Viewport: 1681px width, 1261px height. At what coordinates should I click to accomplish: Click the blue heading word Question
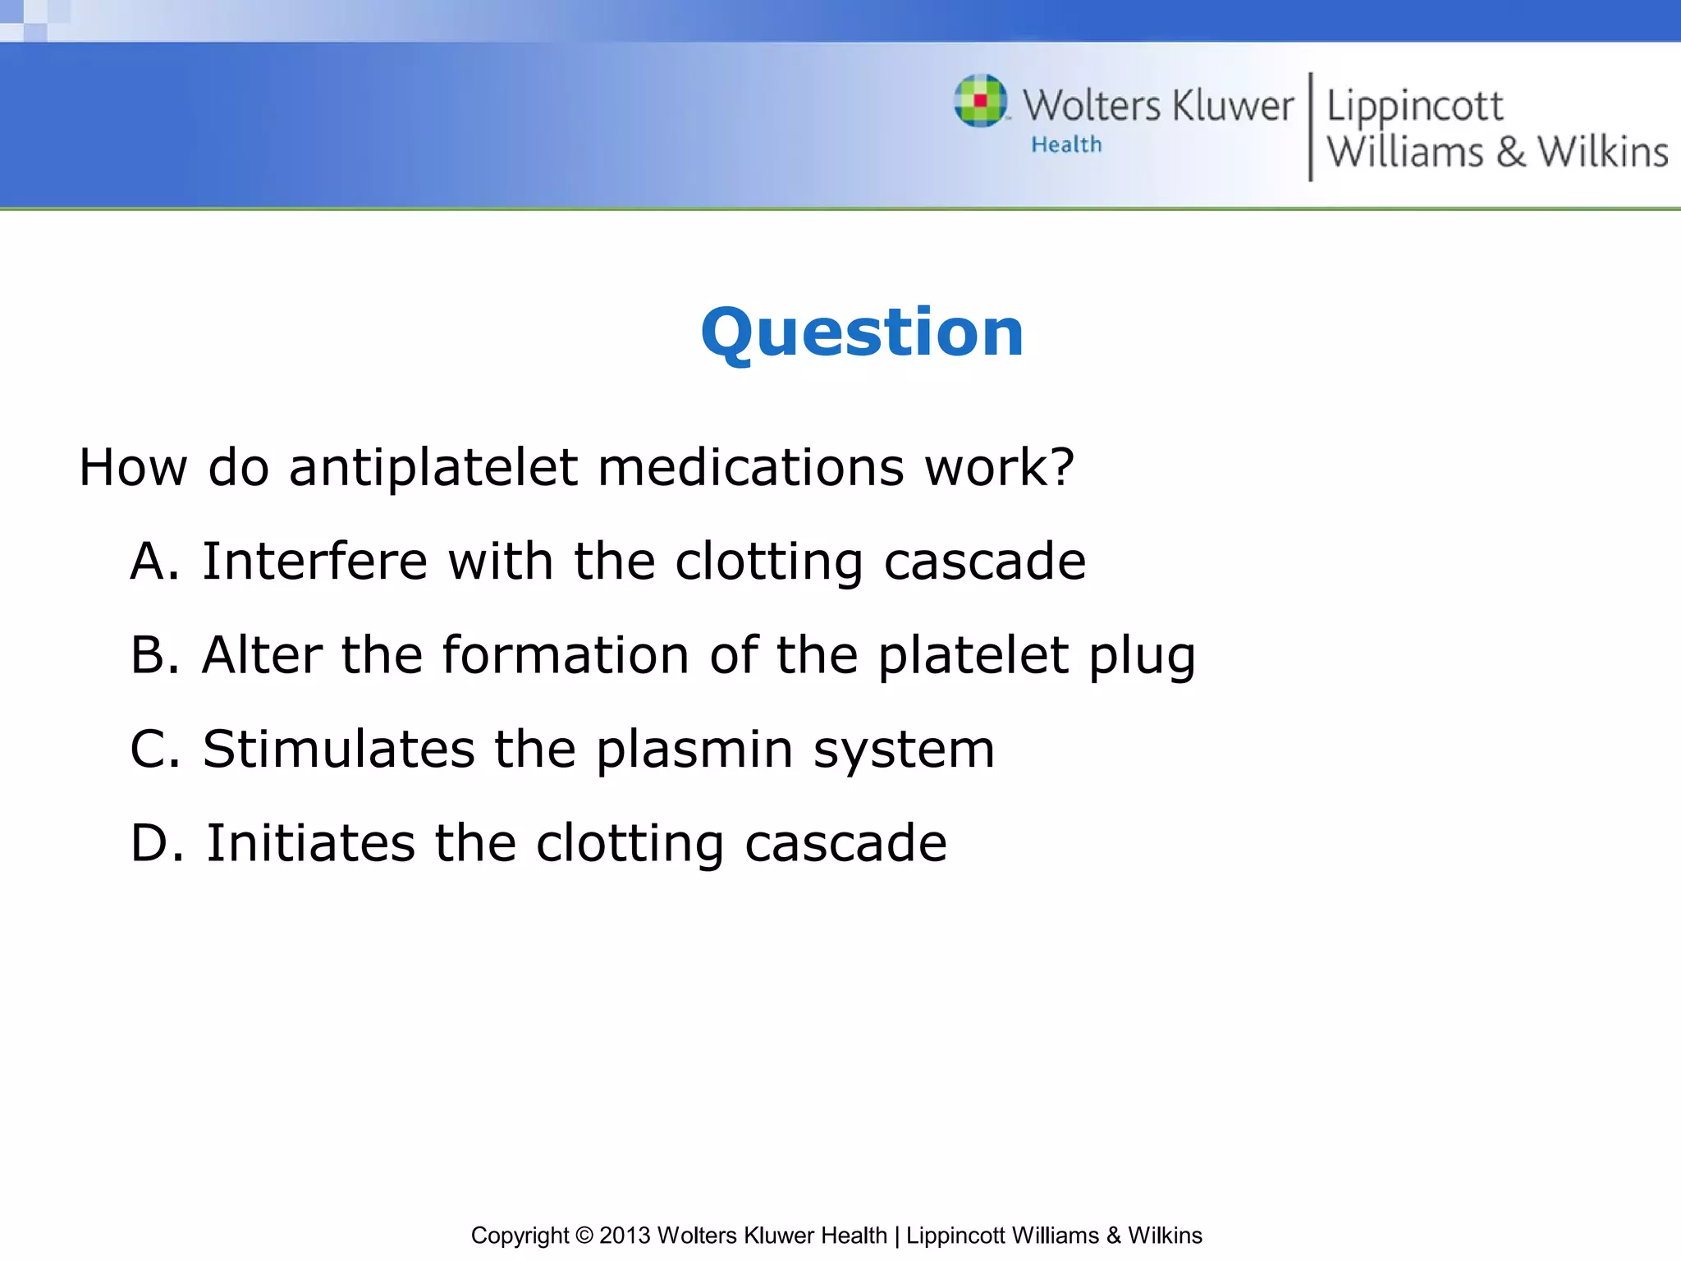pos(862,333)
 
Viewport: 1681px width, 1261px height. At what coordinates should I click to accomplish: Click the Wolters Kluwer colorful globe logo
pos(980,101)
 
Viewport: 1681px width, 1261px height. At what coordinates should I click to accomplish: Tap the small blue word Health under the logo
pos(1066,145)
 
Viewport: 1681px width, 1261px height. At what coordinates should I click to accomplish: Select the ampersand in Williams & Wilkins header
pos(1510,153)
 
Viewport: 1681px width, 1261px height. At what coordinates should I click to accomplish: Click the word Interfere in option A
pos(315,562)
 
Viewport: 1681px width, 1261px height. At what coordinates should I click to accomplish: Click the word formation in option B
pos(566,655)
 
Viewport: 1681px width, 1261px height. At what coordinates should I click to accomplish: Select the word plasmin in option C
pos(694,750)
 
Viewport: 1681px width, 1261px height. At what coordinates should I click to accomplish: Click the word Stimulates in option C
pos(338,749)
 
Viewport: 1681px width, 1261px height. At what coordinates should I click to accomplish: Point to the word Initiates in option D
pos(310,843)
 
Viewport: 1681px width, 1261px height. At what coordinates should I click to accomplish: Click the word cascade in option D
pos(845,843)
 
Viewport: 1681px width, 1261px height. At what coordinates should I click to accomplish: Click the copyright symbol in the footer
pos(584,1236)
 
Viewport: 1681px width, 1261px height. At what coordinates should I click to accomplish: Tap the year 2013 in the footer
pos(625,1236)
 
